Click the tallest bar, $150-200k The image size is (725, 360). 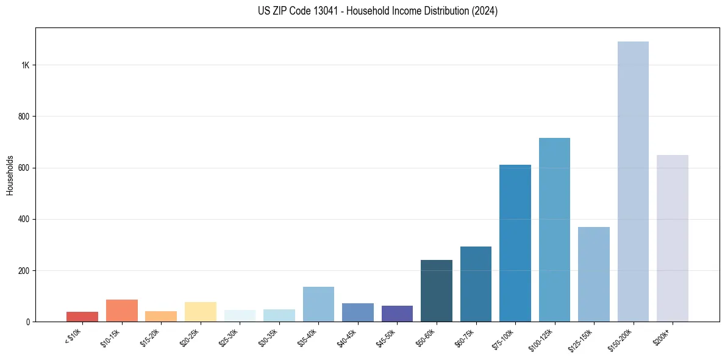pos(633,183)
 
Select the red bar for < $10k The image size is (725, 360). pos(82,317)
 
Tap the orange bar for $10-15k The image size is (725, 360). pos(121,311)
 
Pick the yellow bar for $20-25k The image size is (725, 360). pos(200,312)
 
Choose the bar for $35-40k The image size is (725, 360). pos(318,304)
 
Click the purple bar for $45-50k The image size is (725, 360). pos(397,314)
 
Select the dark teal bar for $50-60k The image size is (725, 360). pos(437,291)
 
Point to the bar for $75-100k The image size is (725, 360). pos(515,243)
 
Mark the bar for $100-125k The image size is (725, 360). pos(554,230)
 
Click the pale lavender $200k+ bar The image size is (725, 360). pos(673,239)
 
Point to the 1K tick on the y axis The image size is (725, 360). pos(26,65)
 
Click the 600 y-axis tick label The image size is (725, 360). pos(23,168)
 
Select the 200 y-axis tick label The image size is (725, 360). pos(23,270)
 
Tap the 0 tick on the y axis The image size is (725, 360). pos(28,322)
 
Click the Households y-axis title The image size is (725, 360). pos(10,175)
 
